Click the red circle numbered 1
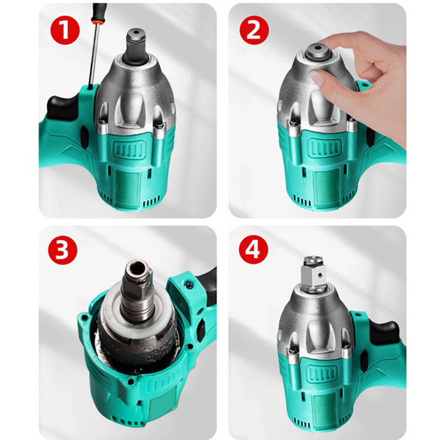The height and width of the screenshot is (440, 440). [65, 30]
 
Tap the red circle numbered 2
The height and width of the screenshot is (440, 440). [254, 30]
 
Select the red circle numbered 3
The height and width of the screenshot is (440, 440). [62, 250]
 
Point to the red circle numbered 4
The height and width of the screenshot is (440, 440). [253, 250]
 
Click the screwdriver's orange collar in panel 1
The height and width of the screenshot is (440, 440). [97, 21]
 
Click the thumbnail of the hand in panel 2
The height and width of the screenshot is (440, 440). [316, 77]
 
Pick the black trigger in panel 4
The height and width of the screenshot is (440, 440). [384, 333]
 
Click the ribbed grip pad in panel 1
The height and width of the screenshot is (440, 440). [130, 148]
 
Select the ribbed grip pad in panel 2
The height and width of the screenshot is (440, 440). [326, 148]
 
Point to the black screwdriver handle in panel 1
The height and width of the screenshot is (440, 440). [100, 10]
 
